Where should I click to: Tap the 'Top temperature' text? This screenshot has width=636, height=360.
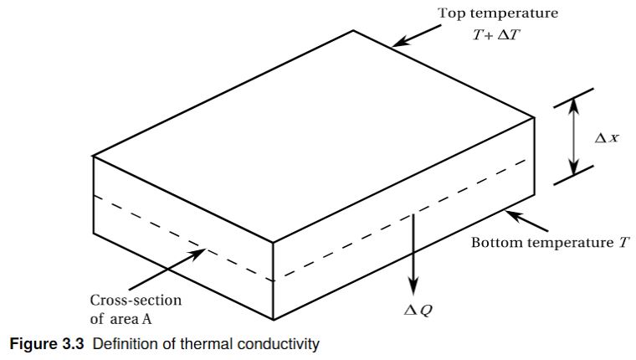pyautogui.click(x=498, y=13)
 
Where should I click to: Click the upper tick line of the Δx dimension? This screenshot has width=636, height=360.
pyautogui.click(x=574, y=97)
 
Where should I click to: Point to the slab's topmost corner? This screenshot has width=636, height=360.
pyautogui.click(x=353, y=31)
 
